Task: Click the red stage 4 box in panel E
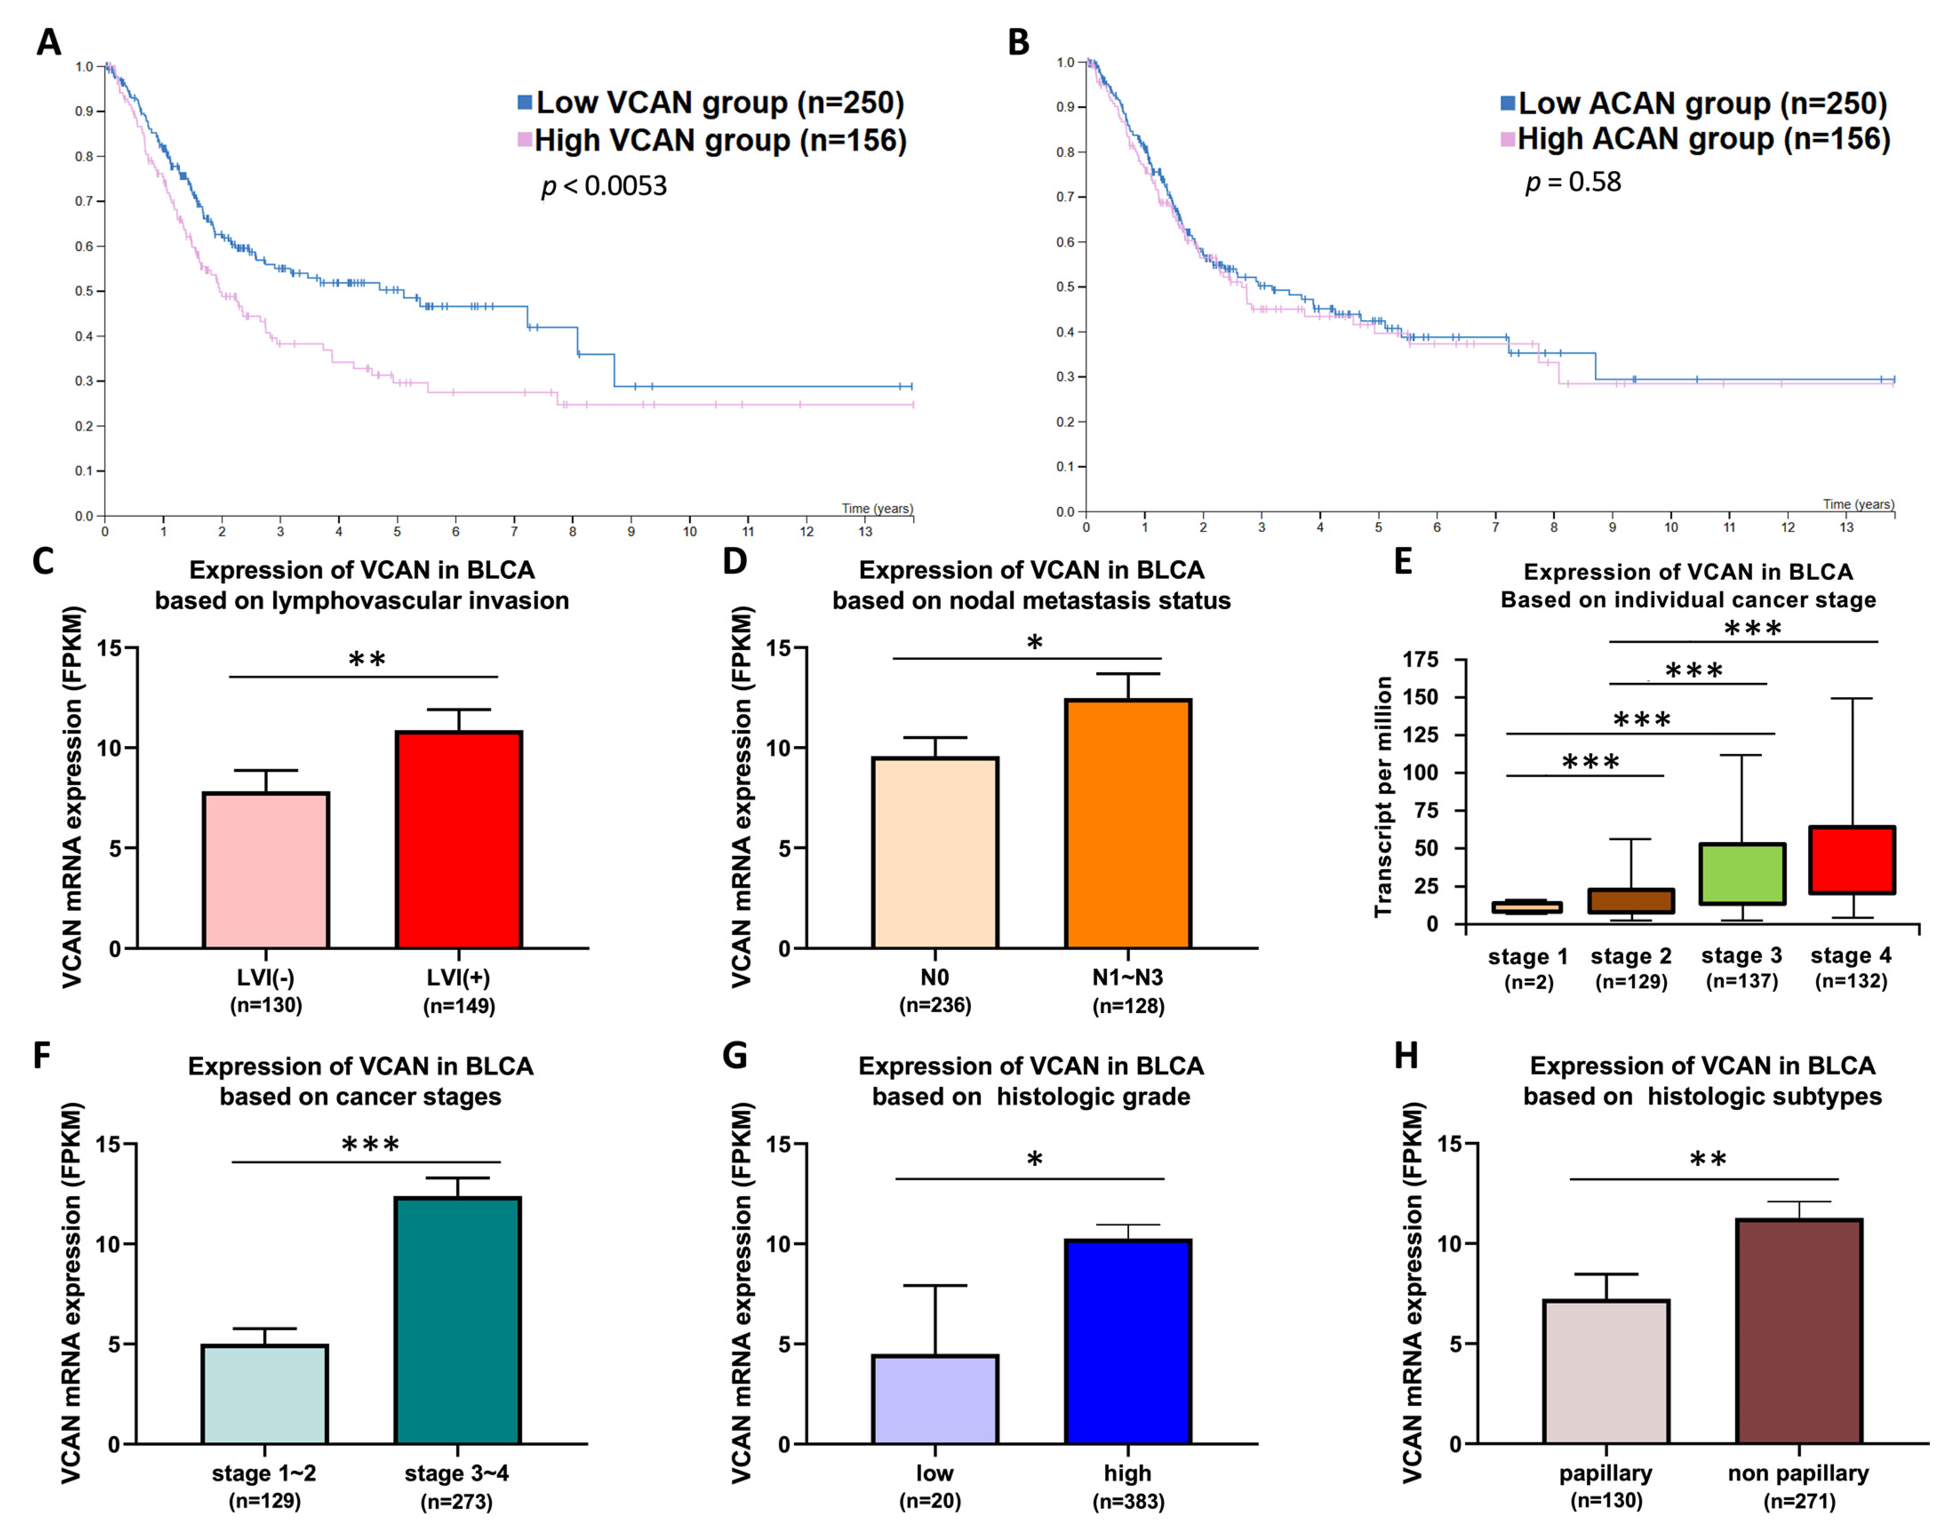coord(1851,859)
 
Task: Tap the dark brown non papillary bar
coord(1799,1331)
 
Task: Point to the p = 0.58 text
coord(1573,182)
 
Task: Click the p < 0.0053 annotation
coord(604,186)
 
